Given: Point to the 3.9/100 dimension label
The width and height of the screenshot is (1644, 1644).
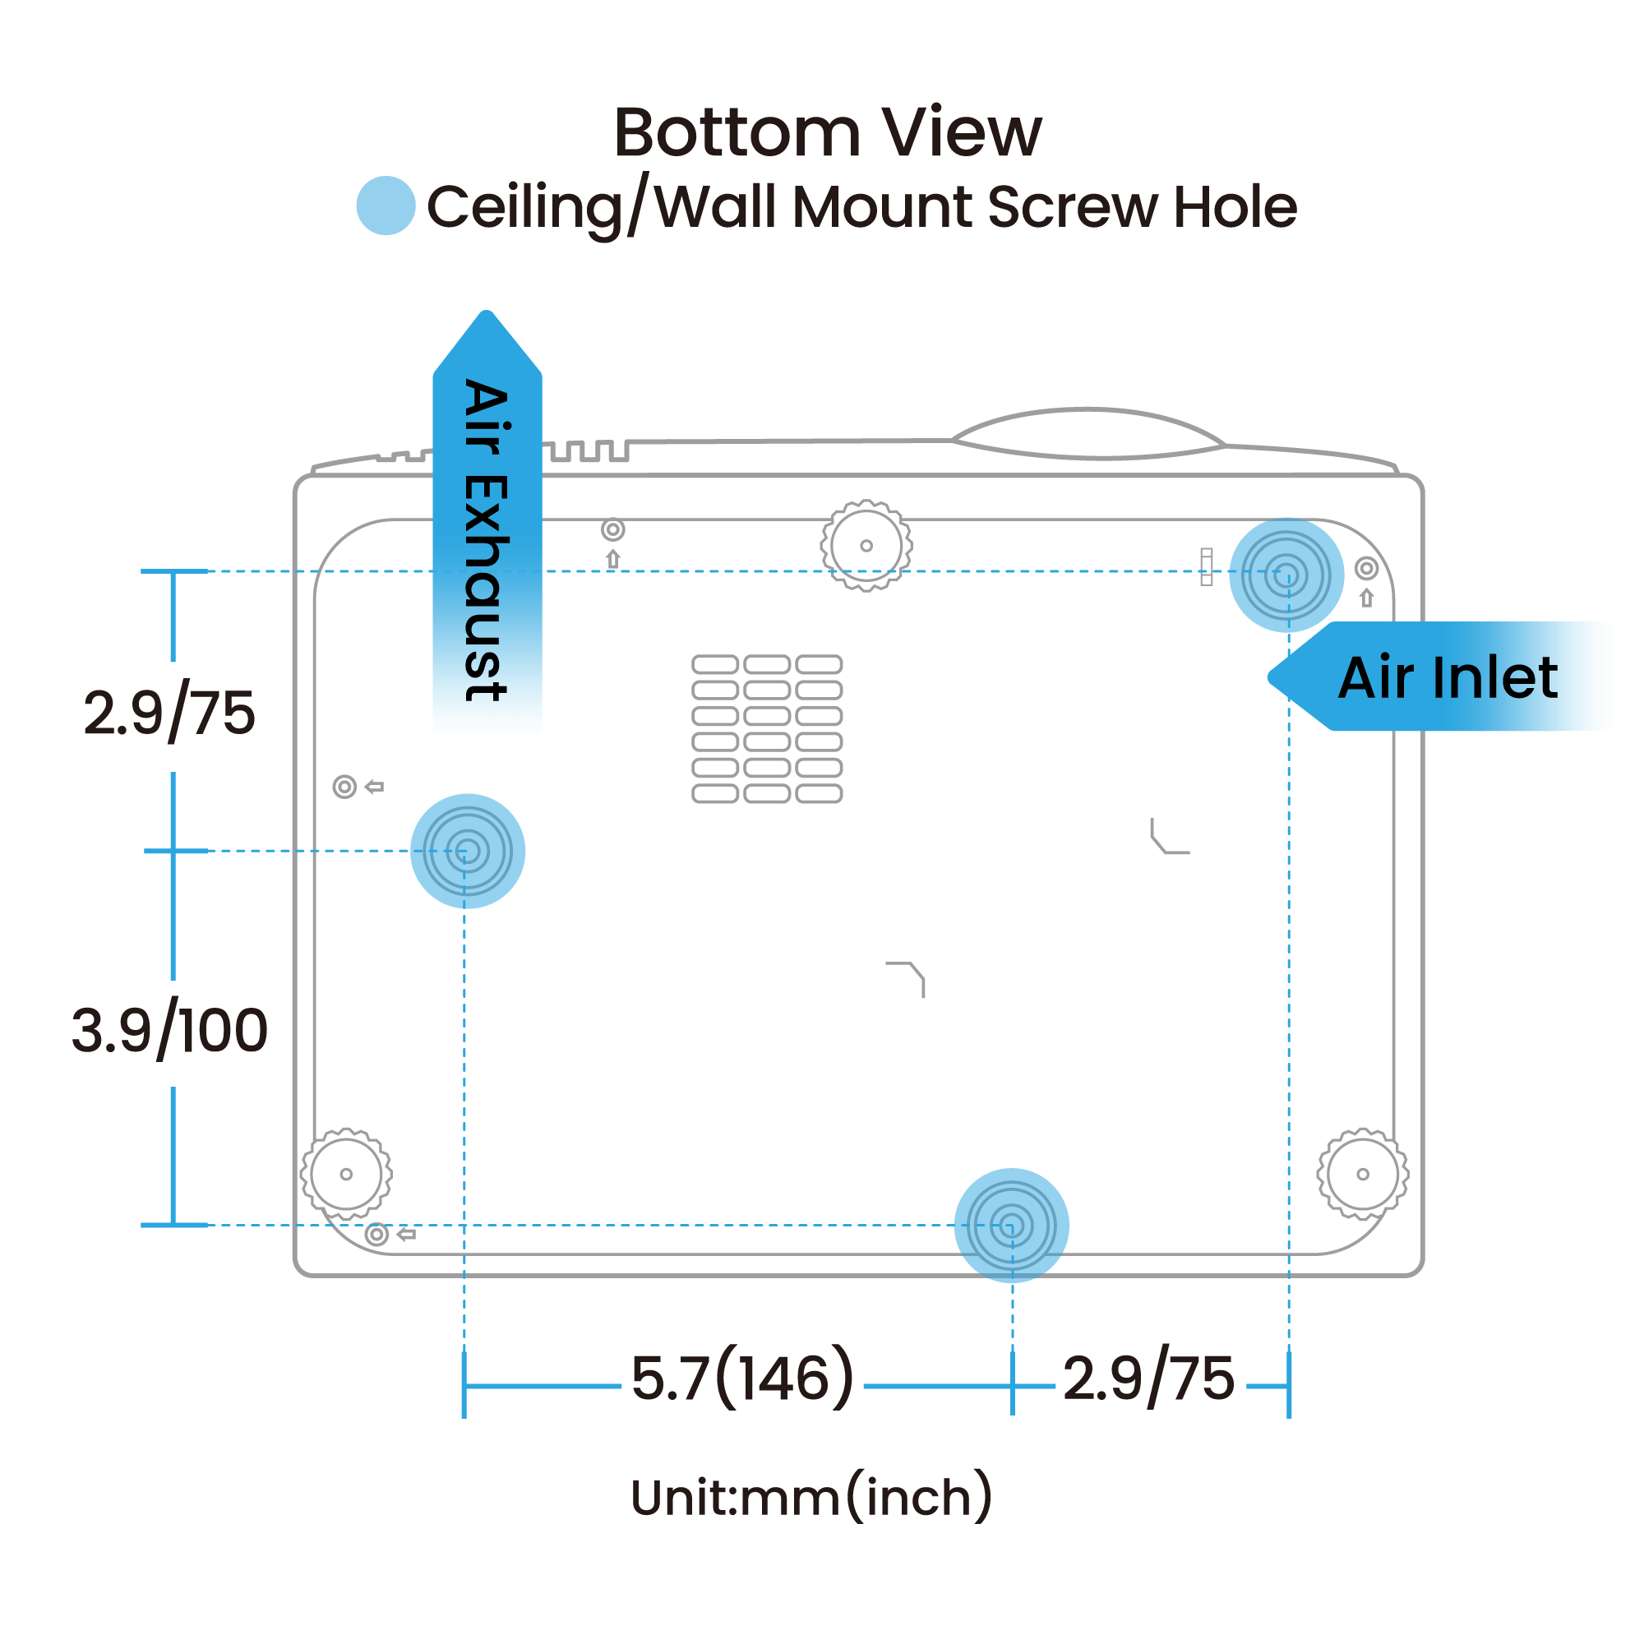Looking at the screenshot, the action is point(169,1032).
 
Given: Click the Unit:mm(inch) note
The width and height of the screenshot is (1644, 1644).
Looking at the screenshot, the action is point(811,1498).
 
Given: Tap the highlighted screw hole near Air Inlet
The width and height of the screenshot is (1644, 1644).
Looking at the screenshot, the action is point(1286,575).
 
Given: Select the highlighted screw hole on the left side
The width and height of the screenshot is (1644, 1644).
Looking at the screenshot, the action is point(467,851).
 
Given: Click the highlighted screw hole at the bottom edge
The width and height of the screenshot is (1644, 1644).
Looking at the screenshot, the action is point(1011,1226).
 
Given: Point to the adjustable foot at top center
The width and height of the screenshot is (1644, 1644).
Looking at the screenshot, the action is point(866,546).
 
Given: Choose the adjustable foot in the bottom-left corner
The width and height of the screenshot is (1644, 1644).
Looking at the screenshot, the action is point(346,1175).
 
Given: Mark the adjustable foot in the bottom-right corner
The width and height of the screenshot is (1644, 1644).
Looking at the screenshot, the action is point(1362,1175).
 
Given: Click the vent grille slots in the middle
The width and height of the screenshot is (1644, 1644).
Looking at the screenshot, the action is point(767,728).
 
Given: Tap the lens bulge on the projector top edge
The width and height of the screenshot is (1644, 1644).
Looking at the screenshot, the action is point(1088,434).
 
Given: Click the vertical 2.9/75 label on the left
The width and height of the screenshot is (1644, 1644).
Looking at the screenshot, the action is point(169,713).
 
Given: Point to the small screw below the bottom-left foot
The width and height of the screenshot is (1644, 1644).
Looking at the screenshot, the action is point(377,1234).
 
